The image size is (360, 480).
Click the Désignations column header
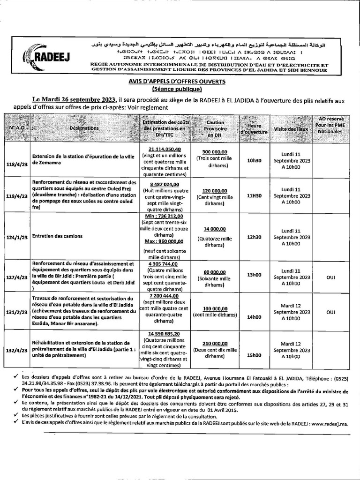click(84, 127)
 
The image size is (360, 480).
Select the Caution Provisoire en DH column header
click(215, 128)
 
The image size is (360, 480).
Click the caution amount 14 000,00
click(215, 229)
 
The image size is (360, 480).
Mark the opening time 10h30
click(254, 160)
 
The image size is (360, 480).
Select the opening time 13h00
click(254, 275)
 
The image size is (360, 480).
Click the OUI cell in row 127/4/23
click(330, 277)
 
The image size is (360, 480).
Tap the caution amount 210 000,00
click(215, 343)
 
